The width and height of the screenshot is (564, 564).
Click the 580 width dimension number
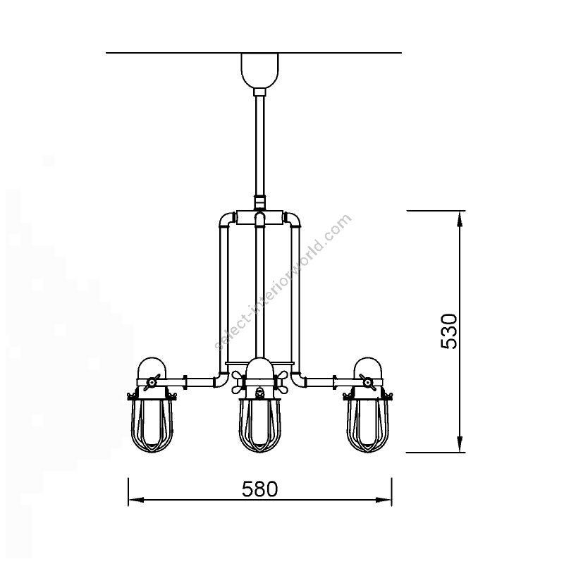[x=259, y=489]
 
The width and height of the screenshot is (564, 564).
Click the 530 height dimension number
[x=449, y=331]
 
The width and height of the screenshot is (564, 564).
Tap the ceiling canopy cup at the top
[x=259, y=70]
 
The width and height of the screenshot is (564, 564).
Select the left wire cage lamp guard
[x=152, y=424]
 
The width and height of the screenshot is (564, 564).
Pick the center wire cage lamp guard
[x=259, y=424]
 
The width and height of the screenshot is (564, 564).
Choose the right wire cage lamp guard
[x=367, y=424]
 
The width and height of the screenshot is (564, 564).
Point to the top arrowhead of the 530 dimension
[x=460, y=219]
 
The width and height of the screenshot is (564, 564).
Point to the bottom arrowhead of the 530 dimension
[x=460, y=445]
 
